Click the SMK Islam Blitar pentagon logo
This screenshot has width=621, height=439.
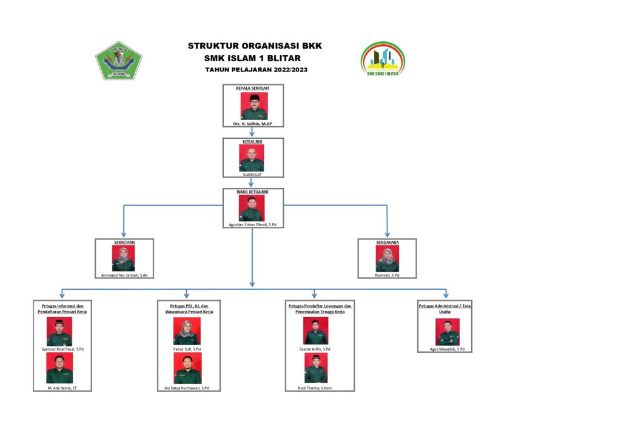119,60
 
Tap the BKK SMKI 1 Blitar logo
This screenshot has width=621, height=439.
383,59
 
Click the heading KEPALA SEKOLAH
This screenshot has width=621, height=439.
252,89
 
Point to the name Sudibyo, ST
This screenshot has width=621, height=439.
252,175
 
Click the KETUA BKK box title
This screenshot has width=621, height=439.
252,141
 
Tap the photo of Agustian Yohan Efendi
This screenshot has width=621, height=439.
252,208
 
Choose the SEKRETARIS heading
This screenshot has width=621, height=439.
124,242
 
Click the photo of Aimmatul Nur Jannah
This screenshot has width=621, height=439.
124,259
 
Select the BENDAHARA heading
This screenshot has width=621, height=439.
387,242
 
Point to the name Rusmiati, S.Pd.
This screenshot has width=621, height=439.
387,275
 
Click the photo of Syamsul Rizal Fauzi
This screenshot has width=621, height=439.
59,332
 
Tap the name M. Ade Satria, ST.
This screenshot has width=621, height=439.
62,387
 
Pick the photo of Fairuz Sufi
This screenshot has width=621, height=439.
187,332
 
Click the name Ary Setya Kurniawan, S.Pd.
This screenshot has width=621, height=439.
187,387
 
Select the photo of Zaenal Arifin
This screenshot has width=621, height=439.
315,332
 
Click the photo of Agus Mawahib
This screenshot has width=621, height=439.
448,332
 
